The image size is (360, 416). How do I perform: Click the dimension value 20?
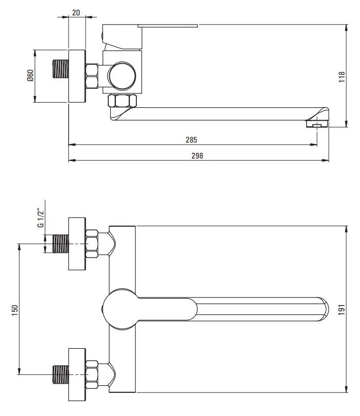[x=76, y=12]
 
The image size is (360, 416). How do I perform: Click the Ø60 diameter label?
[x=30, y=76]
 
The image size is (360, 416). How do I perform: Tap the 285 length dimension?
[x=191, y=140]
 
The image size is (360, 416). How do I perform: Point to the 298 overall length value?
[x=197, y=156]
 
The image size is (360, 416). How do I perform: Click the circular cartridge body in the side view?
[x=122, y=76]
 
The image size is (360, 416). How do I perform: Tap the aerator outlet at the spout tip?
[x=316, y=124]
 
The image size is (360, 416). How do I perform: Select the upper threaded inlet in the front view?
[x=60, y=244]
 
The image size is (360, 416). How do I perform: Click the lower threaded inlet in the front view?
[x=60, y=374]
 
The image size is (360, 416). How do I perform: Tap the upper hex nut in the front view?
[x=92, y=243]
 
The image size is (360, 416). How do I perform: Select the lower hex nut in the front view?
[x=92, y=374]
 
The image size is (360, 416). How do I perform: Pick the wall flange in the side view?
[x=77, y=76]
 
